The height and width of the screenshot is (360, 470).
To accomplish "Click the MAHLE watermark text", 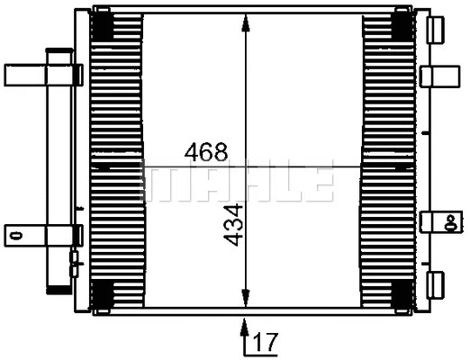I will pyautogui.click(x=239, y=182).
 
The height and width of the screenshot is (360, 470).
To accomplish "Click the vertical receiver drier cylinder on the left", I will pyautogui.click(x=59, y=171).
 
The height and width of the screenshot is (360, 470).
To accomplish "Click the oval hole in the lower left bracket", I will pyautogui.click(x=14, y=236).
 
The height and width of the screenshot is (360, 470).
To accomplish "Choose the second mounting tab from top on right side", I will pyautogui.click(x=439, y=75).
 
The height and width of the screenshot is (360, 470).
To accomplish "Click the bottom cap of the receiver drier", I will pyautogui.click(x=59, y=285).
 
